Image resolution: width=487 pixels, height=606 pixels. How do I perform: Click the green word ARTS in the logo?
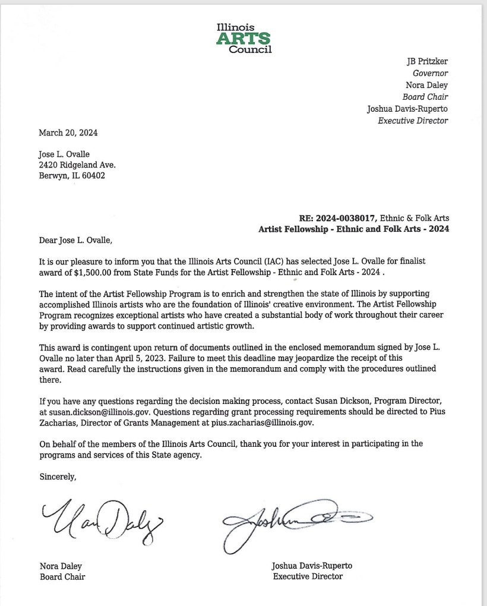243,39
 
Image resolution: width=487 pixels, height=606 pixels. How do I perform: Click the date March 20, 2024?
68,132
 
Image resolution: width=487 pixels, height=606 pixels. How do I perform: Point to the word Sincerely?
58,476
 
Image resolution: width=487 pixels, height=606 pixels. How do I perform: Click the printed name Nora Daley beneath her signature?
61,566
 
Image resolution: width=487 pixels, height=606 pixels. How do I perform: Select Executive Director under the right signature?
308,576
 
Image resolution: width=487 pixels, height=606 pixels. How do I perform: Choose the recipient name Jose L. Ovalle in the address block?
64,154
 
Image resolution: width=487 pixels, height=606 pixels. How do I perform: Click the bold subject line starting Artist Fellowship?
354,229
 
